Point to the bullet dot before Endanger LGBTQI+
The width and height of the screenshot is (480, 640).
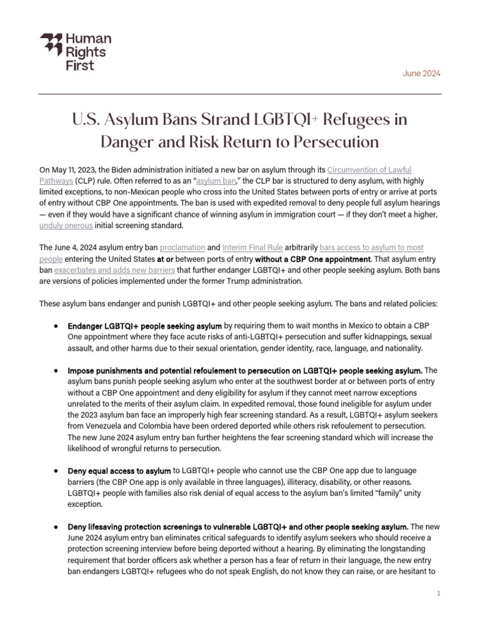tap(57, 326)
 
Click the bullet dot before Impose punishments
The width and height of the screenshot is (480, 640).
tap(57, 371)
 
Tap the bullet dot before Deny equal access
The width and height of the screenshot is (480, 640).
tap(57, 470)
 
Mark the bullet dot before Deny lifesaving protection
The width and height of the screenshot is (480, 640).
tap(57, 526)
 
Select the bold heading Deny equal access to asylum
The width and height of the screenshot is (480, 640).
tap(119, 470)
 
